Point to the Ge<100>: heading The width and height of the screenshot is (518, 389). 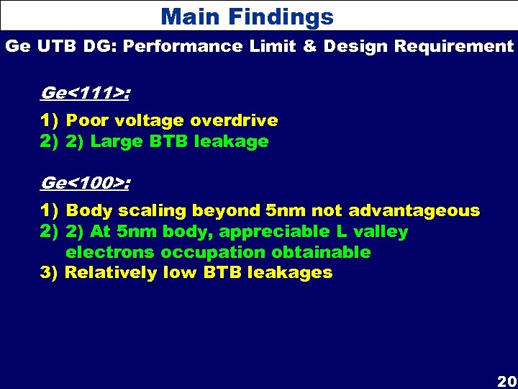[86, 183]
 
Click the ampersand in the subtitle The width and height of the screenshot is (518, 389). [309, 47]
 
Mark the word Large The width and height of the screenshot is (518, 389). [116, 142]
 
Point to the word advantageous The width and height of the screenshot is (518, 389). [414, 211]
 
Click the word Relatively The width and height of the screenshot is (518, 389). [112, 272]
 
